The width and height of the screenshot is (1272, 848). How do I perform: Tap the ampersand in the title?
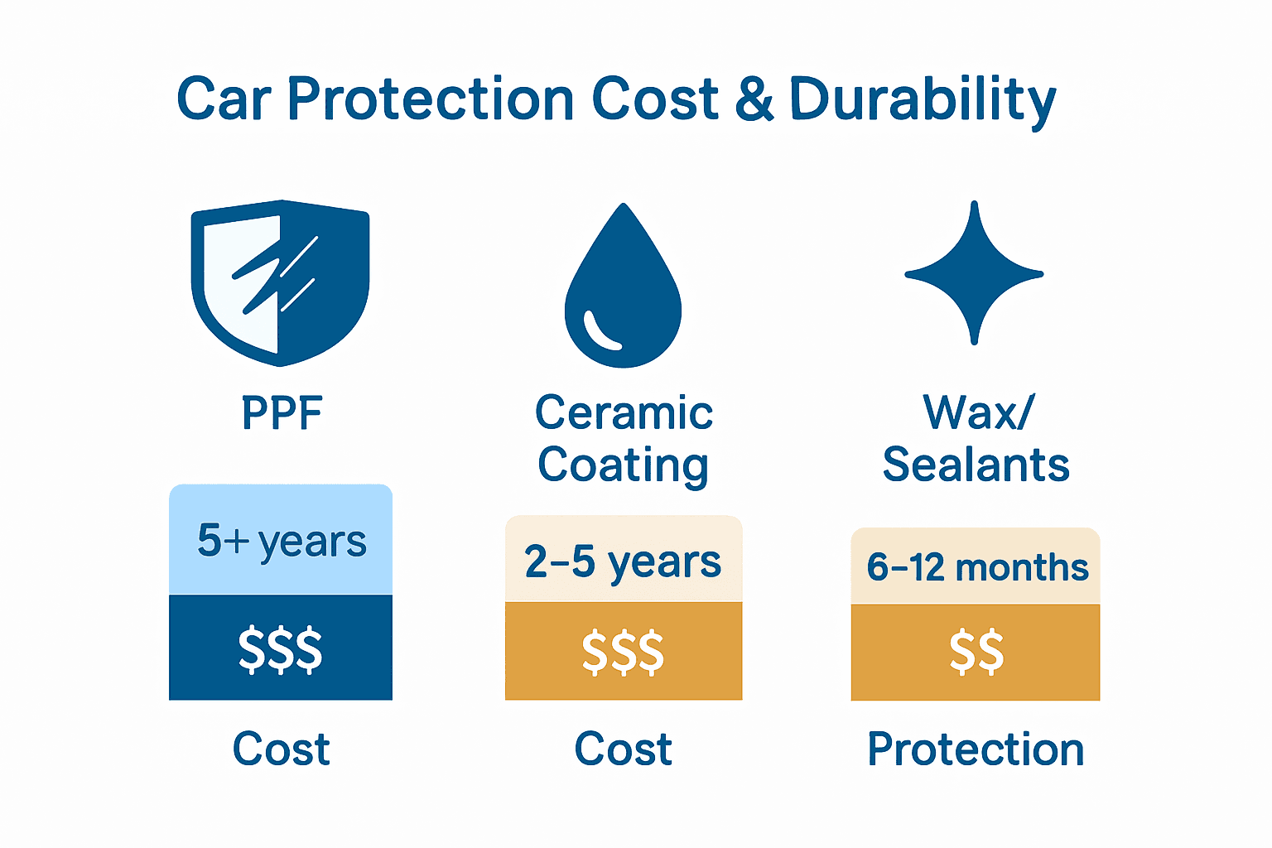(754, 99)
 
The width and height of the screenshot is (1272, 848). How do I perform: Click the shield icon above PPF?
(280, 282)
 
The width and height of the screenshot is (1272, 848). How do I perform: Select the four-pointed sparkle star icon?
(975, 273)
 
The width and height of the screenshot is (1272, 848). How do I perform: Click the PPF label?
(282, 413)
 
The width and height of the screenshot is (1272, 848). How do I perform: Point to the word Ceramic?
(624, 412)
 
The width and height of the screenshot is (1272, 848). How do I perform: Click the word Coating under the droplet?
(623, 465)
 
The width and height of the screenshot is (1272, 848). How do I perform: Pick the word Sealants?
(976, 465)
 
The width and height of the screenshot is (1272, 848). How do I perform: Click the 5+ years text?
(282, 542)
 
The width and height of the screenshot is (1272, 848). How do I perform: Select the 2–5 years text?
(623, 562)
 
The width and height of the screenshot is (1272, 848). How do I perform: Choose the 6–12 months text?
(977, 568)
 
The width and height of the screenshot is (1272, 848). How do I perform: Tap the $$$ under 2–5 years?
(623, 652)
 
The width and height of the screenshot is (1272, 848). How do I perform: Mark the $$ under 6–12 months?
(976, 652)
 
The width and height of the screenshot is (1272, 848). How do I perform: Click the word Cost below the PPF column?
(282, 749)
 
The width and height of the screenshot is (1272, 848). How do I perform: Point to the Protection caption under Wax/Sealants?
(976, 749)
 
